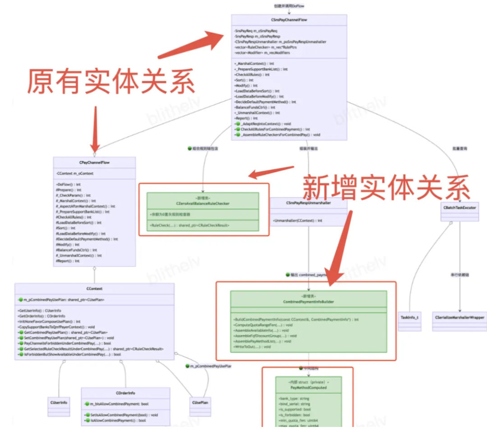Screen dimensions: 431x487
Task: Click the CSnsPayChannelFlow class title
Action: tap(289, 20)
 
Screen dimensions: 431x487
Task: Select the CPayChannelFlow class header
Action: tap(94, 162)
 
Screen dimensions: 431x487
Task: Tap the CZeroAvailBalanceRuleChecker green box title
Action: tap(203, 204)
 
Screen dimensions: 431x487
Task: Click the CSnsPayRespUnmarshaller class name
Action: tap(308, 204)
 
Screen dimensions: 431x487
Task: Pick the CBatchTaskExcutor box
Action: tap(460, 206)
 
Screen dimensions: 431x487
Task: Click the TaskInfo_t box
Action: tap(409, 317)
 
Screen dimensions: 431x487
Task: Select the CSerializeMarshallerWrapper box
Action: tap(459, 317)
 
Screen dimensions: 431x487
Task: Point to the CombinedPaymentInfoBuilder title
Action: tap(309, 301)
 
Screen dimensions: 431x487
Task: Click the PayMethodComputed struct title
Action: tap(308, 387)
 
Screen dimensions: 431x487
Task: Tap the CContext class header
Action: tap(94, 288)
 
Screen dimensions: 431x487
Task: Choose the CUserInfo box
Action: tap(59, 402)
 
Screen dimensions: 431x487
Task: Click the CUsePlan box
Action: tap(201, 402)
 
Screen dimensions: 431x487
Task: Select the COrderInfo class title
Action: tap(125, 393)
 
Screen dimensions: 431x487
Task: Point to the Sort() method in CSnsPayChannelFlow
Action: tap(244, 80)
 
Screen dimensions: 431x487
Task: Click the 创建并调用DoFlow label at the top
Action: tap(289, 6)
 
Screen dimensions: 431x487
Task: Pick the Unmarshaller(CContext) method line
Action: tap(298, 220)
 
